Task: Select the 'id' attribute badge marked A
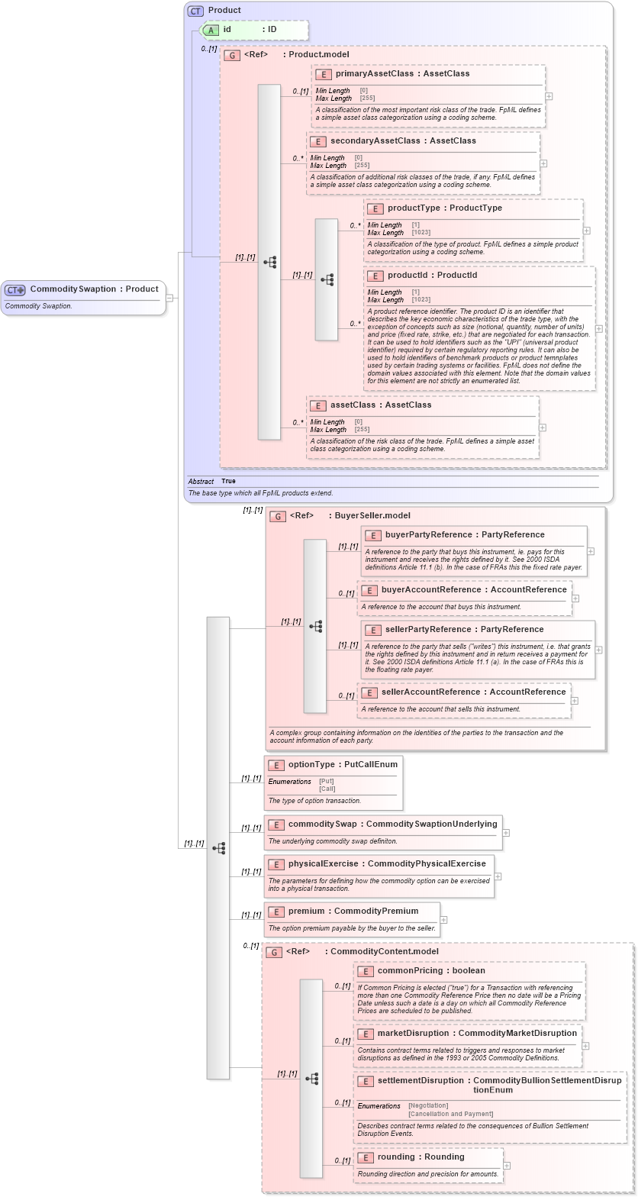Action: [210, 30]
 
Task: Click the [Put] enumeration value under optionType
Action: [326, 781]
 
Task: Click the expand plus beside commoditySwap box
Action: [506, 833]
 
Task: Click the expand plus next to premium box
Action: [443, 920]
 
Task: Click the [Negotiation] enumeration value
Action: [428, 1105]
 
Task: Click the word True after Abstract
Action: [228, 482]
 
